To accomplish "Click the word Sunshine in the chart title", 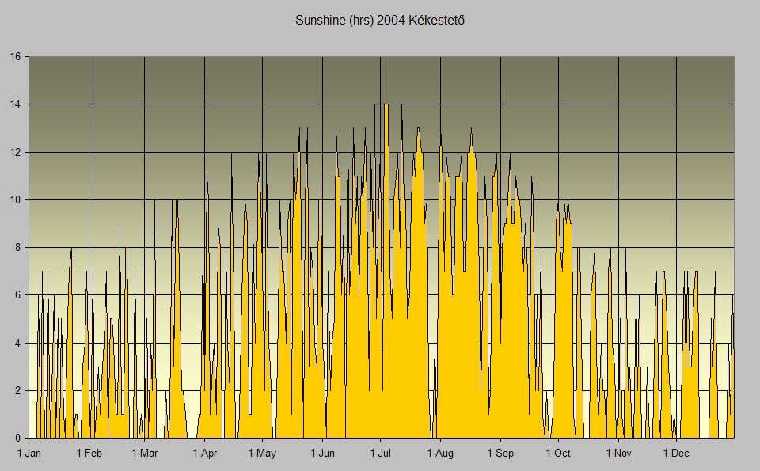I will [x=320, y=21].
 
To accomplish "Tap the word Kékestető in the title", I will [x=435, y=21].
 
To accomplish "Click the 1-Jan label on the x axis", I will [x=29, y=454].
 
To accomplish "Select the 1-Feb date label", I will [x=89, y=454].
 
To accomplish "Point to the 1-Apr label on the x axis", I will [x=204, y=454].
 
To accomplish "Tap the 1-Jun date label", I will [x=323, y=454].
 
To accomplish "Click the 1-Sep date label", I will [x=500, y=454].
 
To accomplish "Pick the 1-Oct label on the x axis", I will [x=558, y=454].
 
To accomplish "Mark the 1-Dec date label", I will [x=676, y=454].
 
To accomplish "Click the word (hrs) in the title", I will [x=361, y=21].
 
